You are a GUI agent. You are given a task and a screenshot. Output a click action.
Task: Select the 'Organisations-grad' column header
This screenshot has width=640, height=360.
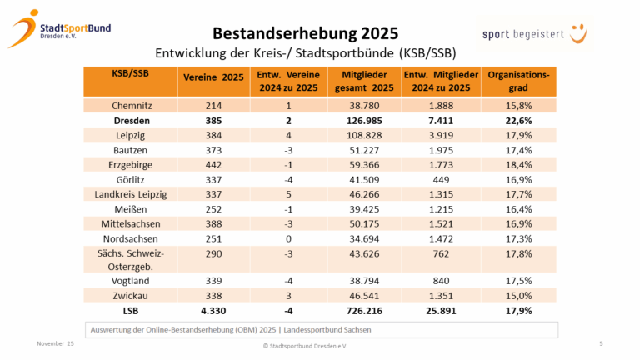coord(518,82)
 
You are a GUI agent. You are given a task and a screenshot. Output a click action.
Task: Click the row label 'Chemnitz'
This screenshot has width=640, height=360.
coord(131,106)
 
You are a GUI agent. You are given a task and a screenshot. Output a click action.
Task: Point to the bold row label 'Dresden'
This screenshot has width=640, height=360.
coord(131,121)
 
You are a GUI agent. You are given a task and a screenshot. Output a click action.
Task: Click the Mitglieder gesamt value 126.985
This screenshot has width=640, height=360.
coord(362,121)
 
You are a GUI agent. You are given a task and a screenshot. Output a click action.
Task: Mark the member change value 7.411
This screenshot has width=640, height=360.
coord(442,121)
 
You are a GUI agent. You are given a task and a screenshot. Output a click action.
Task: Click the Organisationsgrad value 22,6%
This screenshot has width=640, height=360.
coord(518,121)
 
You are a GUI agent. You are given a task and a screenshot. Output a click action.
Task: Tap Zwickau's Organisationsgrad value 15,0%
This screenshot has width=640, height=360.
coord(518,294)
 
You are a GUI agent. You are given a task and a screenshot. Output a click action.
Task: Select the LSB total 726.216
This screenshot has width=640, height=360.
coord(362,309)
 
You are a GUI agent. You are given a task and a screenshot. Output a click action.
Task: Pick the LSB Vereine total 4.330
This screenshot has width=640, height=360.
coord(213,309)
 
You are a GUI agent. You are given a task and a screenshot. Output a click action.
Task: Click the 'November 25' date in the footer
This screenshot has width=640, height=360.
coord(55,343)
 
